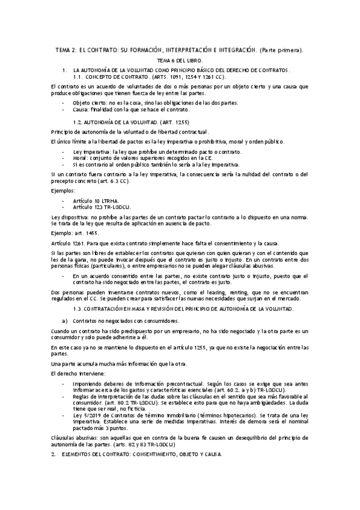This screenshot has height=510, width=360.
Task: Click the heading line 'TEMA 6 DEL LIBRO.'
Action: pos(180,61)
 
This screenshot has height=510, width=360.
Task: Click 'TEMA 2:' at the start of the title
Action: pos(59,49)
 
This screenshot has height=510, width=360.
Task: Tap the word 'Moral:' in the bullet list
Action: pos(81,158)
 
